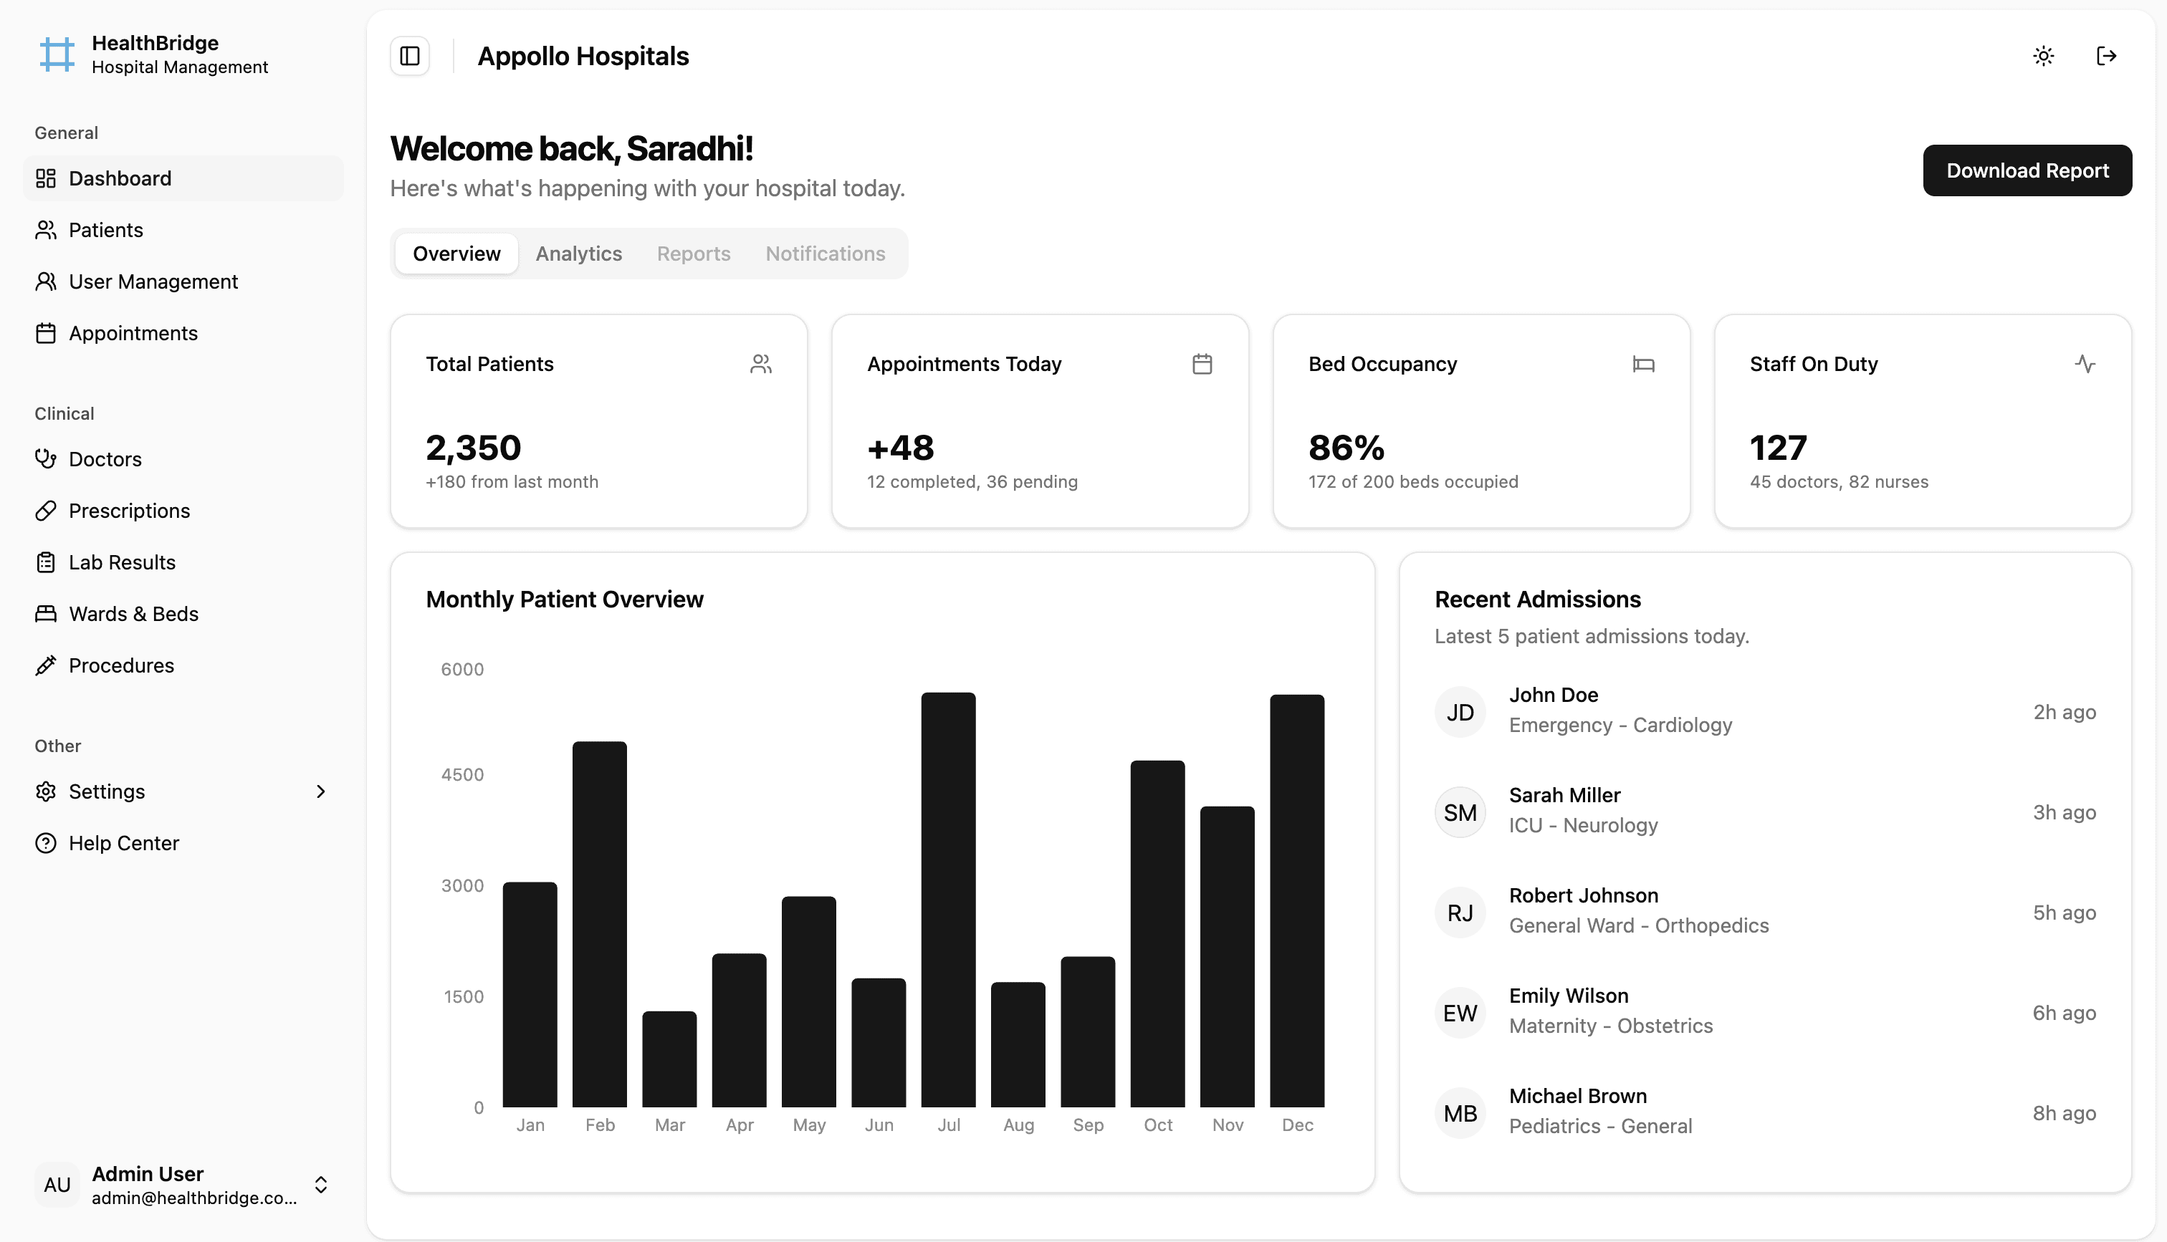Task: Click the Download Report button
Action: pyautogui.click(x=2027, y=170)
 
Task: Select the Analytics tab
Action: pyautogui.click(x=578, y=254)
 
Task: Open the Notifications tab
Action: pyautogui.click(x=824, y=254)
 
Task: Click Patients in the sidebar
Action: pyautogui.click(x=106, y=231)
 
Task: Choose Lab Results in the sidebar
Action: pyautogui.click(x=122, y=562)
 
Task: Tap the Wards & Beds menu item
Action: pyautogui.click(x=133, y=614)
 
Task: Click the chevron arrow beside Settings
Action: pyautogui.click(x=321, y=791)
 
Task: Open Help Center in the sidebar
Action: pyautogui.click(x=124, y=843)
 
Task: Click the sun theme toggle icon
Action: pyautogui.click(x=2042, y=57)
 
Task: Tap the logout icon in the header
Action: pyautogui.click(x=2105, y=57)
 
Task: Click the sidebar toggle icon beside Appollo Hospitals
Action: pyautogui.click(x=409, y=57)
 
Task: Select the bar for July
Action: pyautogui.click(x=948, y=900)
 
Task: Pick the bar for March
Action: pyautogui.click(x=669, y=1059)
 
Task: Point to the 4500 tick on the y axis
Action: pyautogui.click(x=462, y=774)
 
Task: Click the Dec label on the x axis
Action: pyautogui.click(x=1297, y=1125)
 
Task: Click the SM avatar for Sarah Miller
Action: pyautogui.click(x=1460, y=812)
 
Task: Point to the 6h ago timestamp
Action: pyautogui.click(x=2063, y=1013)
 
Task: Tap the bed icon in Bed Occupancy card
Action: pyautogui.click(x=1643, y=365)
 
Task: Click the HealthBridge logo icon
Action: pyautogui.click(x=57, y=54)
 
